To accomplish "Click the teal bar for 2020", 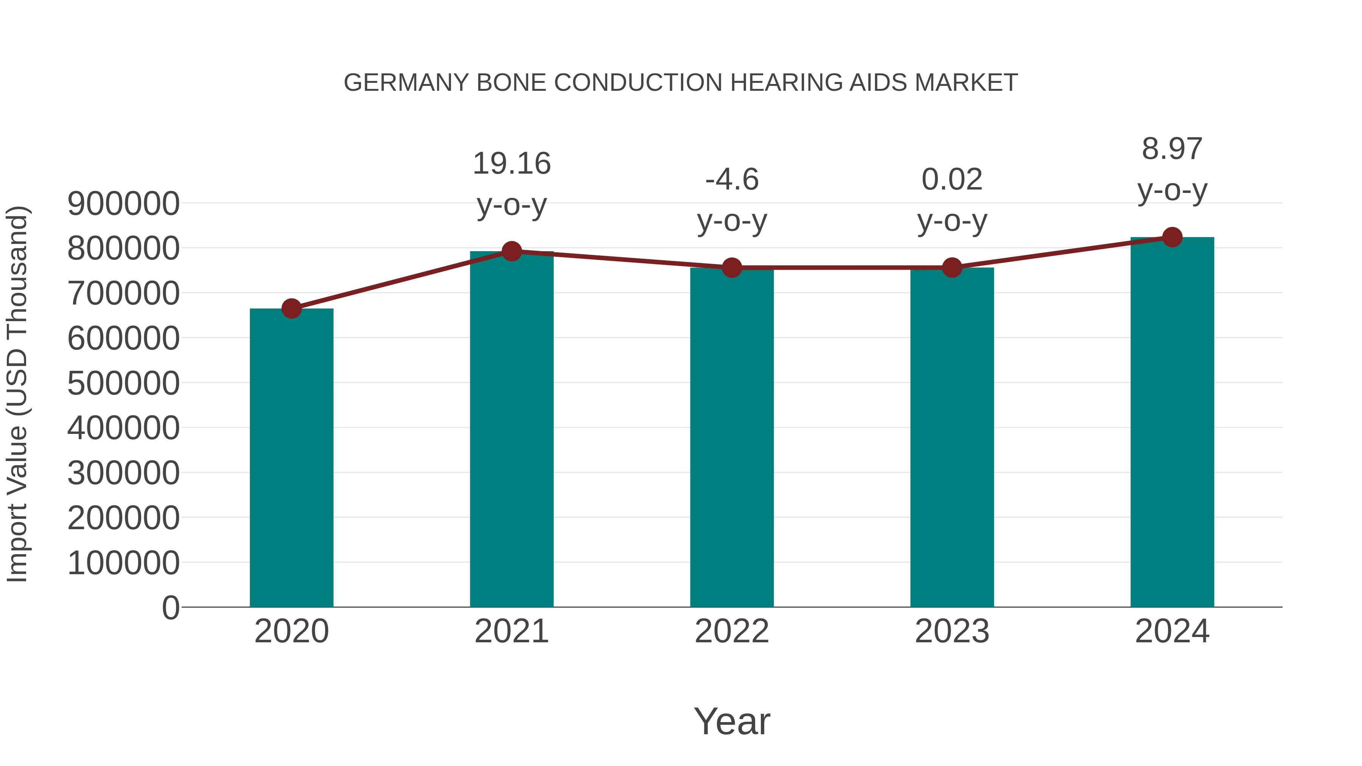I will (x=291, y=458).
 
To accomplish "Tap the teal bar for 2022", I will (x=732, y=438).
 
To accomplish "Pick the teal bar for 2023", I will (x=952, y=438).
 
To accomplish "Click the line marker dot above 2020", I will (x=291, y=308).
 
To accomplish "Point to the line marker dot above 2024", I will (x=1172, y=237).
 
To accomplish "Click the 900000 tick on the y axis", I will (x=123, y=204).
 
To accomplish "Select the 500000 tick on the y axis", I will (x=123, y=383).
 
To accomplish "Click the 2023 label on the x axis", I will (x=952, y=631).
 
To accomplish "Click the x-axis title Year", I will (x=732, y=721).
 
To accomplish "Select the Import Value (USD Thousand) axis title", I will (x=17, y=394).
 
